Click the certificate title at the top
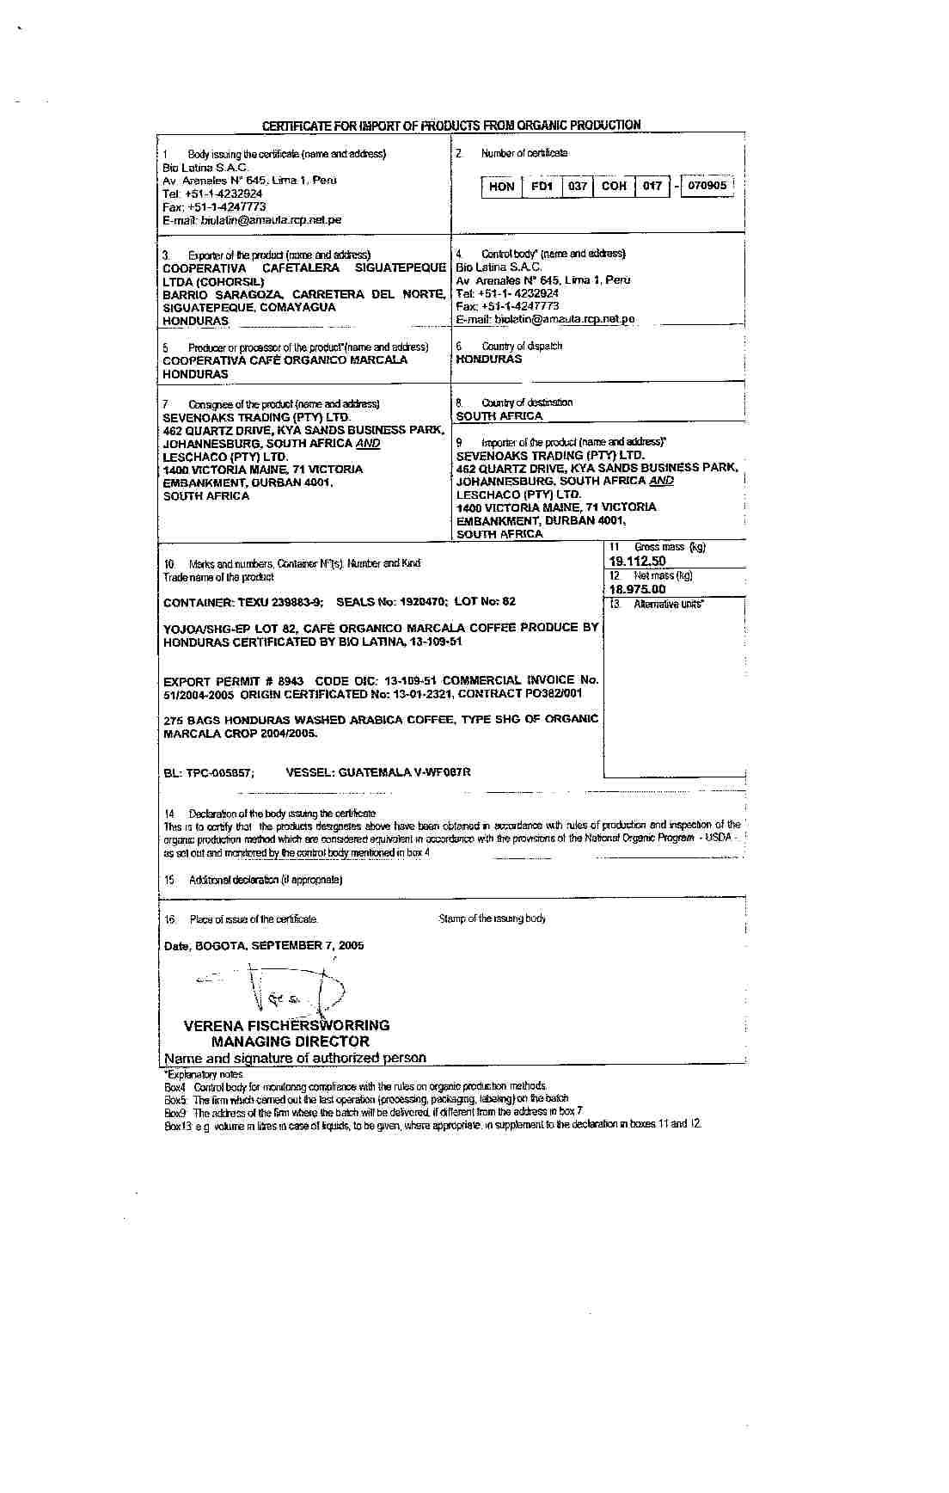tap(451, 126)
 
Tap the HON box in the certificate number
tap(501, 186)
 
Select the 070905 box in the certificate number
tap(707, 185)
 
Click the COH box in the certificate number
tap(614, 186)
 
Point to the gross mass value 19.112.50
tap(637, 561)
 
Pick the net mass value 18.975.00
tap(637, 589)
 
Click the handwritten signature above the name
tap(284, 989)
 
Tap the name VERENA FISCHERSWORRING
tap(286, 1025)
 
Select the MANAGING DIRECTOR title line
tap(290, 1041)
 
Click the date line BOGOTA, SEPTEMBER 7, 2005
tap(264, 945)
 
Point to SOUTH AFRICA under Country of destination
tap(499, 416)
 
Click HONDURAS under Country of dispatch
tap(489, 359)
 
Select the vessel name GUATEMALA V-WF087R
tap(378, 772)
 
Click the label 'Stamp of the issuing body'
tap(492, 919)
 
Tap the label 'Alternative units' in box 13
tap(668, 605)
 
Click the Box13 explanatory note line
tap(432, 1124)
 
